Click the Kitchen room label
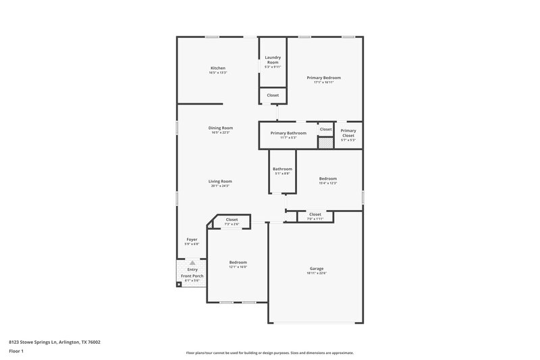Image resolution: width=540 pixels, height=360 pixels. (x=217, y=68)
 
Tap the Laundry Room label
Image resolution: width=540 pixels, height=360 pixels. (x=273, y=59)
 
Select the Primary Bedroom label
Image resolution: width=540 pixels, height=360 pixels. (x=324, y=78)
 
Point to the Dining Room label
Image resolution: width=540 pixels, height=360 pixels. (x=220, y=128)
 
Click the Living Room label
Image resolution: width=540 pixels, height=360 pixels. (x=220, y=181)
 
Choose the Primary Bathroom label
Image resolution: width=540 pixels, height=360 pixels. (x=288, y=133)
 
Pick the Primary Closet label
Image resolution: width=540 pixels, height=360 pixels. (x=348, y=133)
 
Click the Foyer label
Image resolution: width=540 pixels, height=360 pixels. (x=192, y=239)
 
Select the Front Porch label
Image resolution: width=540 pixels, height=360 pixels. (x=192, y=276)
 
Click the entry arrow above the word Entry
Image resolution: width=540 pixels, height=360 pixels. (x=192, y=263)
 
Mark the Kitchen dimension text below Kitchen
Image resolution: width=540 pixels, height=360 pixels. (x=217, y=73)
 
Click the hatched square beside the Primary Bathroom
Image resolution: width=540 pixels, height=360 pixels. (x=326, y=143)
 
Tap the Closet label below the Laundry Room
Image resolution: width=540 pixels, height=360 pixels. (x=273, y=95)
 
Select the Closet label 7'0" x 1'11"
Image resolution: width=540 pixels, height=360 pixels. (x=315, y=219)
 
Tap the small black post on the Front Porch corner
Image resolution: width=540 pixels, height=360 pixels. (x=179, y=284)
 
